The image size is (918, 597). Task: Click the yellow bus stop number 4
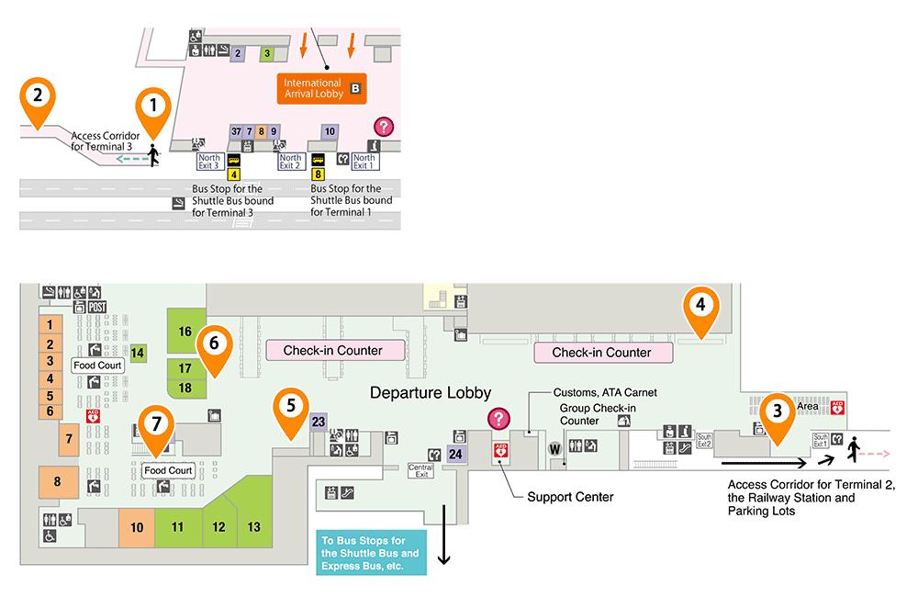(x=234, y=174)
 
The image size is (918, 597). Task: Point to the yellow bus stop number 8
(x=319, y=174)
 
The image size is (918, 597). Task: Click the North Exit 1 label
(x=364, y=162)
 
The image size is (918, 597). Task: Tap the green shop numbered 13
(x=254, y=527)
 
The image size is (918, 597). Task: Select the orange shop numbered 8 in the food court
(x=57, y=481)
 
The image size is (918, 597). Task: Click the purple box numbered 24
(x=456, y=453)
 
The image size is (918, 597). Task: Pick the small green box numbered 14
(x=138, y=353)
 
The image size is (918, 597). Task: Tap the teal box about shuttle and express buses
(x=371, y=553)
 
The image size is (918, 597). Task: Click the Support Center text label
(x=570, y=497)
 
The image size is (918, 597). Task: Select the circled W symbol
(x=554, y=448)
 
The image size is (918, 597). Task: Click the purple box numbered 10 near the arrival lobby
(x=330, y=131)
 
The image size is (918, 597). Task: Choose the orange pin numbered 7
(x=155, y=425)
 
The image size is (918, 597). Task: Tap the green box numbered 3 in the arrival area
(x=267, y=53)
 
